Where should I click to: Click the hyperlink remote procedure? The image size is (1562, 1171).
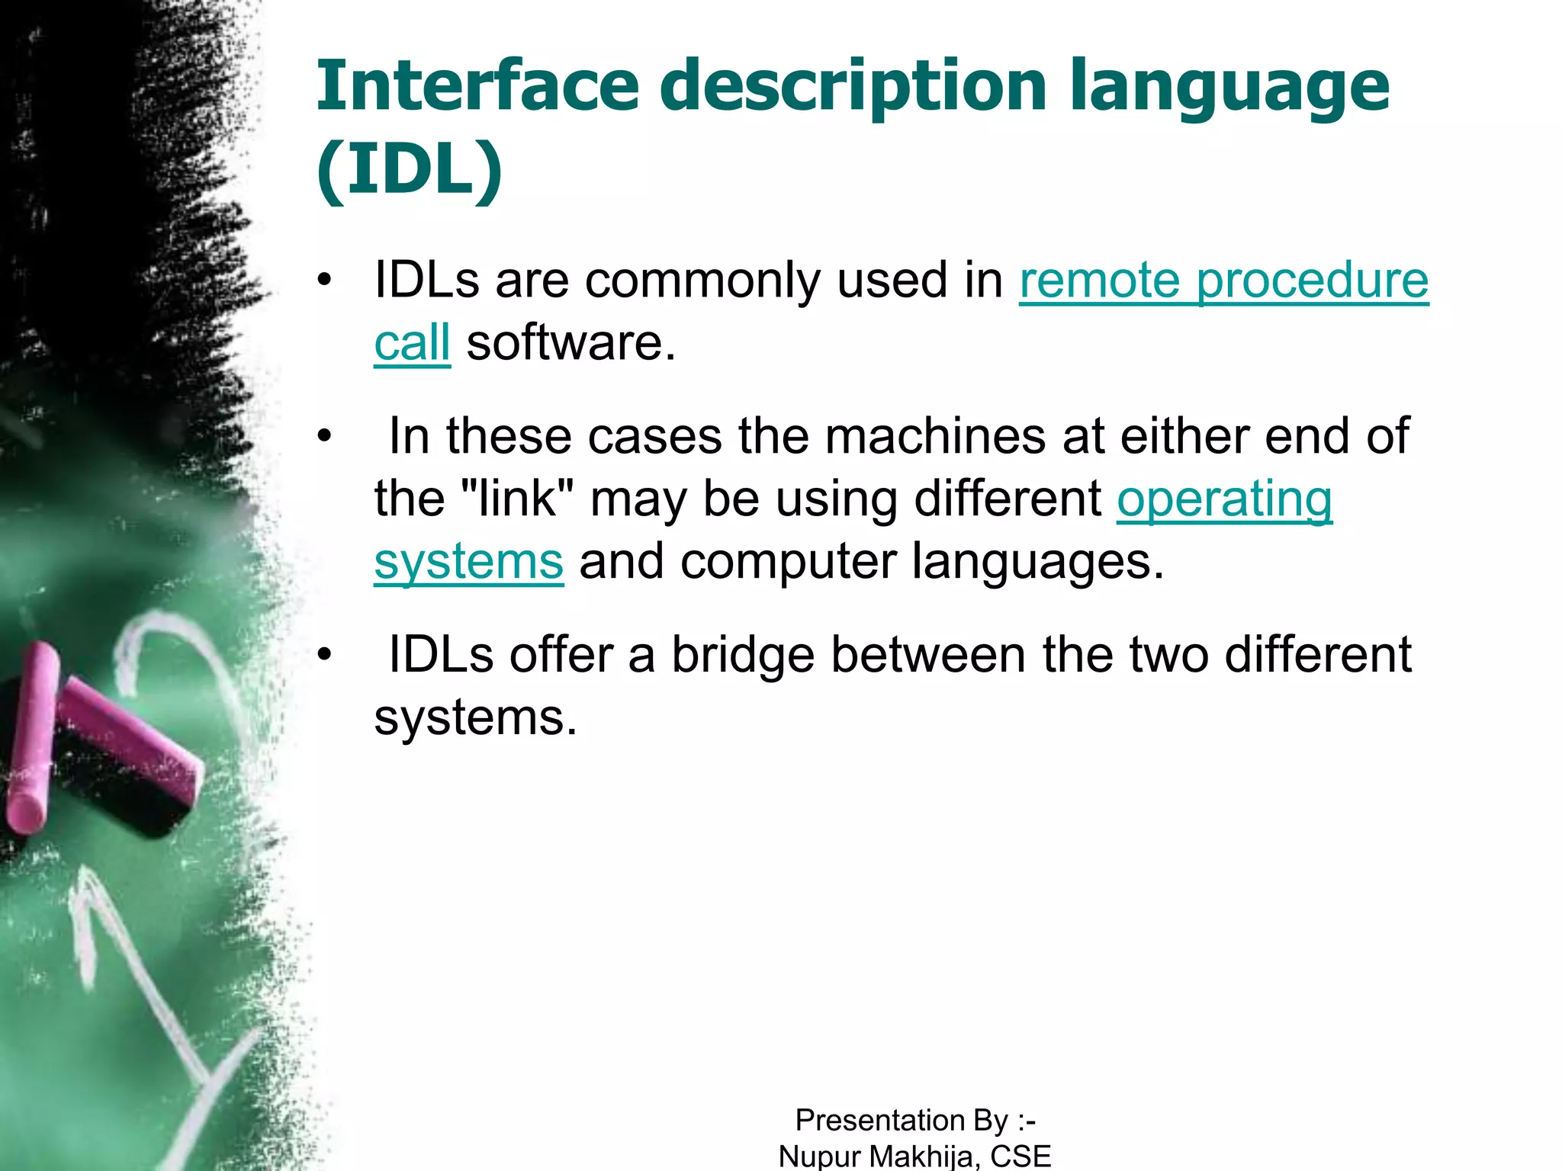1223,281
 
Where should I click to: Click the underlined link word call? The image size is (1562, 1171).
412,343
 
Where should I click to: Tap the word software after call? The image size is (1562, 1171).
570,343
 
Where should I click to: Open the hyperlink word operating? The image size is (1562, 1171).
1224,500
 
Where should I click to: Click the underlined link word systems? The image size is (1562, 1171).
468,563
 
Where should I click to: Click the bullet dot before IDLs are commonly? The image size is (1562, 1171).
326,280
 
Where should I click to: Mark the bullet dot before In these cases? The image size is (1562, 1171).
326,437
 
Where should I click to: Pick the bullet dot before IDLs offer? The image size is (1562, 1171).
326,655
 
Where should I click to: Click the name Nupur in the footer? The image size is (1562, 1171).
819,1156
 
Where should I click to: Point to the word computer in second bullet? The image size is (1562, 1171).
789,563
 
